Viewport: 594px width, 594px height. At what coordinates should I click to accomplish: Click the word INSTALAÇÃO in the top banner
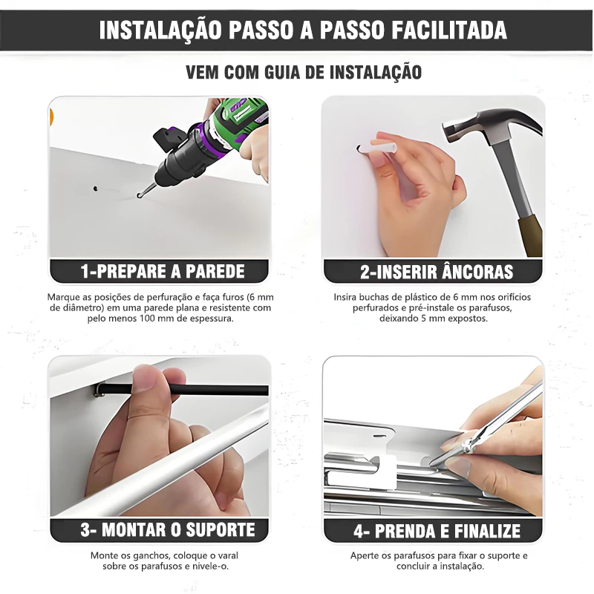point(160,30)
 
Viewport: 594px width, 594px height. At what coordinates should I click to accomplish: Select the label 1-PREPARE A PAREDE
point(163,271)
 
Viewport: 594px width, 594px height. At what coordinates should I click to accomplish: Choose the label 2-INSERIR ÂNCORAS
point(437,271)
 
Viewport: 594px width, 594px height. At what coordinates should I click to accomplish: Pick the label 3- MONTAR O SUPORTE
point(168,529)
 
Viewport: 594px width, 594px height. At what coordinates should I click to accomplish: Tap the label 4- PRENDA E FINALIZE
point(437,530)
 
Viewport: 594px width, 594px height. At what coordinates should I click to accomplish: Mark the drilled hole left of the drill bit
point(95,188)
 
